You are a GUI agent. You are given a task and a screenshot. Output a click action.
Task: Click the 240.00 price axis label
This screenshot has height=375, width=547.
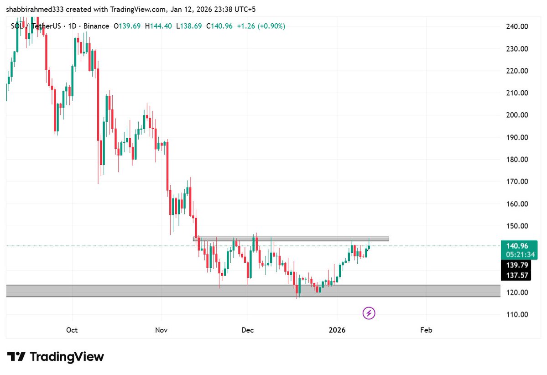517,26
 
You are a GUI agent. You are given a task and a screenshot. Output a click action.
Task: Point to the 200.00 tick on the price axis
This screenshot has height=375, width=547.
517,115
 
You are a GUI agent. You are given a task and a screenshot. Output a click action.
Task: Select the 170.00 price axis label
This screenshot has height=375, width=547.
517,182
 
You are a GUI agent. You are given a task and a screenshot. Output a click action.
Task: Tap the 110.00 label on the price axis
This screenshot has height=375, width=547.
517,315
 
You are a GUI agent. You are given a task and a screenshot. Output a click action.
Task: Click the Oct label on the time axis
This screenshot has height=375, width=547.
72,330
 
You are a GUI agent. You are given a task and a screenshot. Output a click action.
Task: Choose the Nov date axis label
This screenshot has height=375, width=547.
161,330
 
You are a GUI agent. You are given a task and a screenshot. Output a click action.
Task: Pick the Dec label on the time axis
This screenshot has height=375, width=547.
248,330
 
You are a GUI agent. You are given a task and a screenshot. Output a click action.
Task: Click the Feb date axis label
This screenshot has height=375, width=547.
426,330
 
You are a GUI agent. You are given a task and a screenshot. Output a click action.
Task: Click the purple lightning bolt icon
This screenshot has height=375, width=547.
369,313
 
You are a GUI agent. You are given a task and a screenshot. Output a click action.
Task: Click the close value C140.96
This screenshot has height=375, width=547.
219,26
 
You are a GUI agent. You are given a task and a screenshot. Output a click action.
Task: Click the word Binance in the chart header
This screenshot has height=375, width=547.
94,26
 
